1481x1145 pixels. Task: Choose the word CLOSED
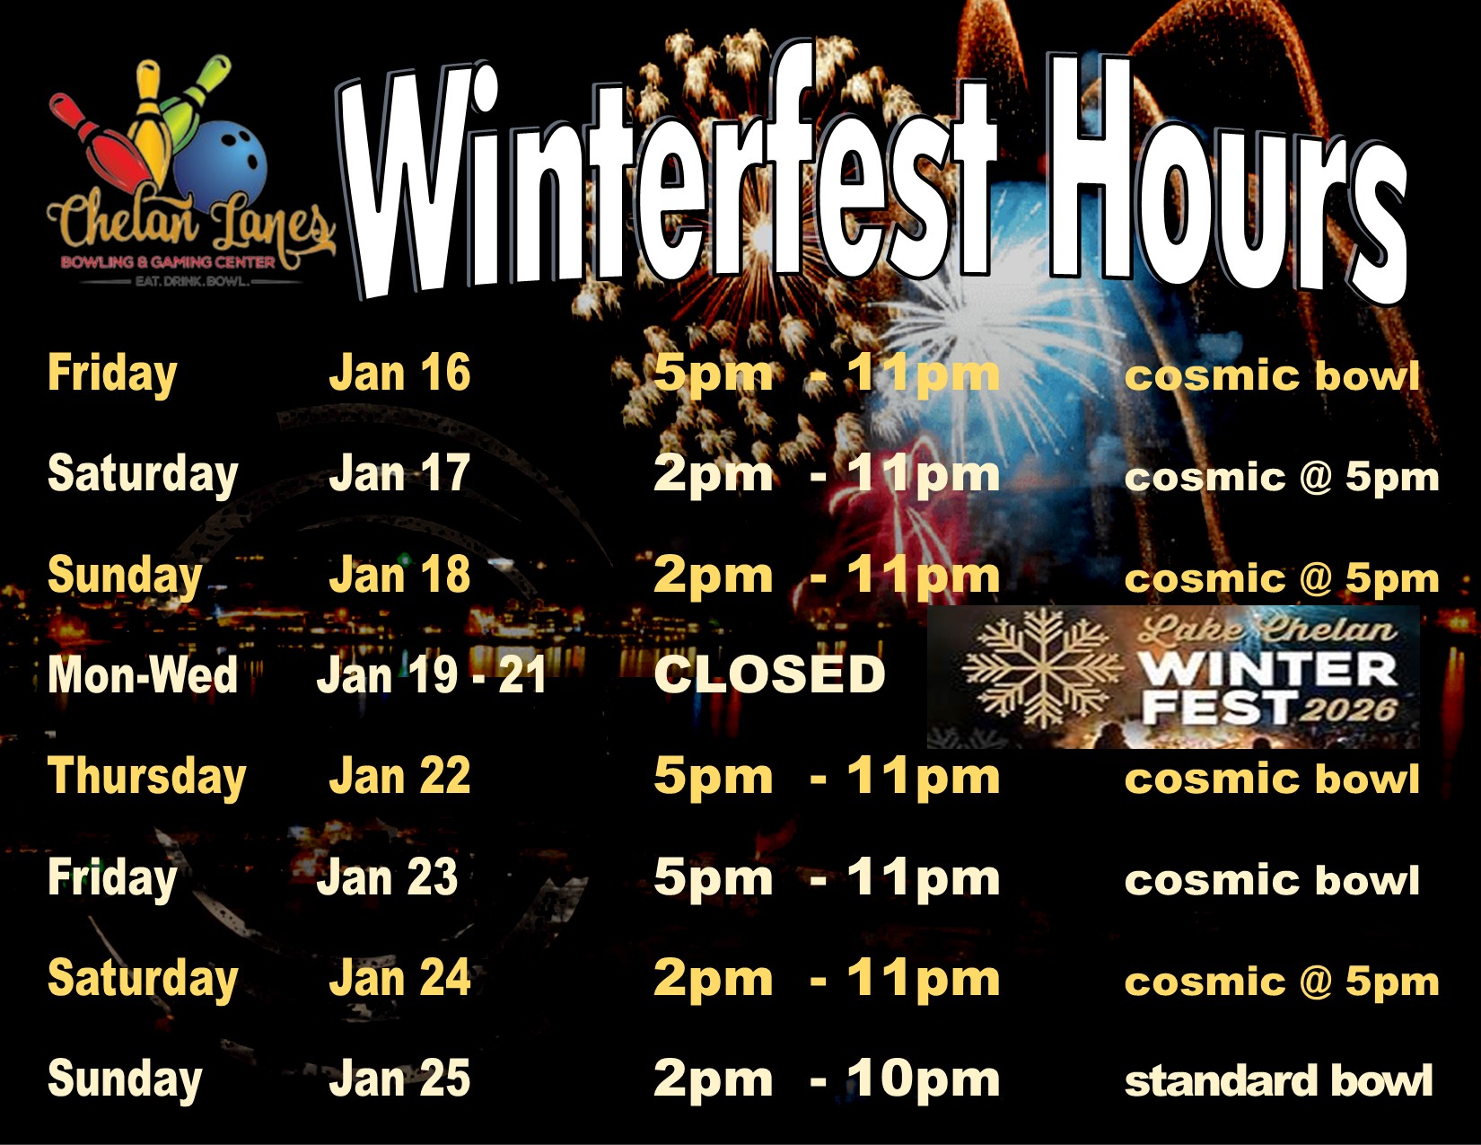tap(769, 674)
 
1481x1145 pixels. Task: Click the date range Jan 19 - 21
tap(432, 674)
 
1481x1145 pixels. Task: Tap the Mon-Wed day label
tap(143, 674)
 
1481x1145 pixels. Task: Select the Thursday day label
tap(146, 778)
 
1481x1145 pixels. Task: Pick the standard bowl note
tap(1278, 1081)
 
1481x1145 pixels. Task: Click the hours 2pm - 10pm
tap(826, 1079)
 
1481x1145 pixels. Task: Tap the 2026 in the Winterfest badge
tap(1347, 710)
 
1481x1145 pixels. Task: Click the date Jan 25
tap(399, 1079)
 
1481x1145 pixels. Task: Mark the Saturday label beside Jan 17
tap(143, 475)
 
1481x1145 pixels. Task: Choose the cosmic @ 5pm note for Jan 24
tap(1282, 982)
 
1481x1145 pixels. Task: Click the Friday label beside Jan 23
tap(112, 878)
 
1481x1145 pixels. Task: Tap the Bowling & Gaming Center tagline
tap(169, 262)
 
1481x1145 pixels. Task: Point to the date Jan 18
tap(399, 574)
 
